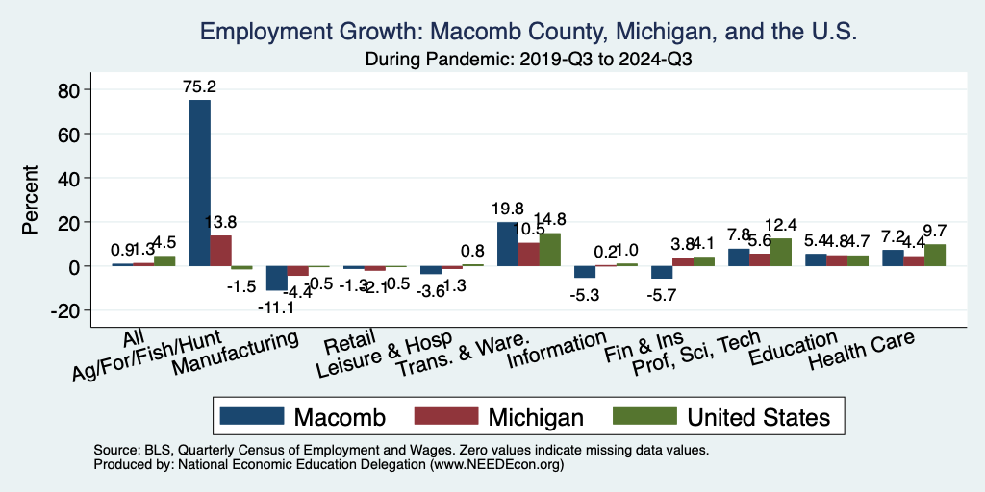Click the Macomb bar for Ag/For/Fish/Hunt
point(199,183)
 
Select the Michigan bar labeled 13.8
point(221,251)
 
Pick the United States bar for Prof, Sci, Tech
point(781,252)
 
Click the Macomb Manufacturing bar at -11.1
point(276,278)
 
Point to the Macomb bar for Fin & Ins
point(661,272)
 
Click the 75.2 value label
point(200,86)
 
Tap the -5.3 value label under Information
point(587,296)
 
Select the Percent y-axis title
point(31,200)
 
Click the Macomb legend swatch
point(252,416)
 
